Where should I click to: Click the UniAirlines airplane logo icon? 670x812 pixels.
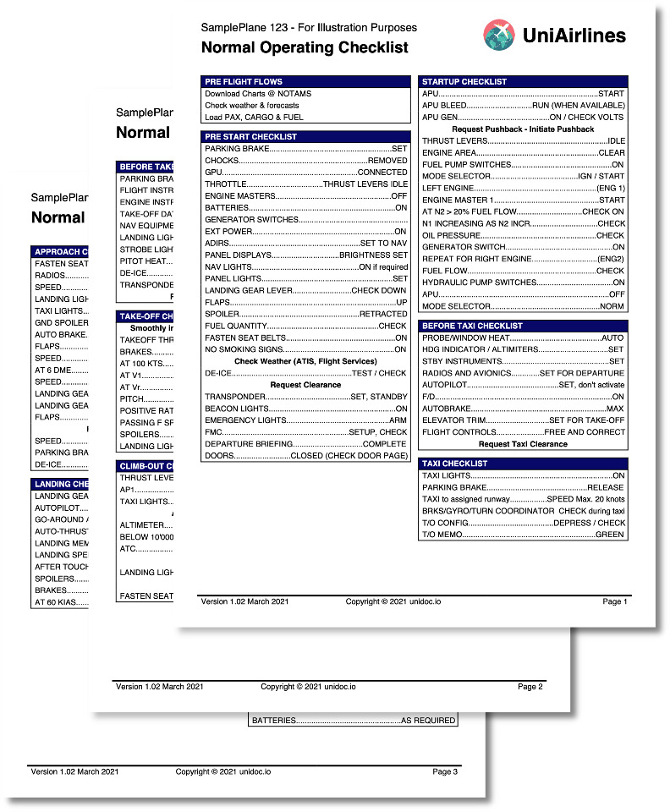coord(499,35)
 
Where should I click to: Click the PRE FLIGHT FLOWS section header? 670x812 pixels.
coord(306,82)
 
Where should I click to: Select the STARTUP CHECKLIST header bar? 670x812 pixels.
coord(523,82)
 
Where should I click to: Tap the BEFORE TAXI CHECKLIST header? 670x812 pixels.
coord(523,326)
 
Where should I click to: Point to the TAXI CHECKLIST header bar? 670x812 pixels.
coord(523,464)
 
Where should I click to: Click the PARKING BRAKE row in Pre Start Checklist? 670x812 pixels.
coord(306,149)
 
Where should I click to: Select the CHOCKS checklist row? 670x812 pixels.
coord(306,161)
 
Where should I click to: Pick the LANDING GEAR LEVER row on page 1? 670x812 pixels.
coord(306,291)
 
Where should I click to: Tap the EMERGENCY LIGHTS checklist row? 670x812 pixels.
coord(306,420)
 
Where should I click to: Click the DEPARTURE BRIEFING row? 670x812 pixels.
coord(306,444)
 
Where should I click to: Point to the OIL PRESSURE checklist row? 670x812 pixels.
coord(523,235)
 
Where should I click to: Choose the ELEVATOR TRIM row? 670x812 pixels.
coord(523,420)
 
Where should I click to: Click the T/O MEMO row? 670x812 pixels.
coord(523,535)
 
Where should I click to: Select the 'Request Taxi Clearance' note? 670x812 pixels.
coord(523,444)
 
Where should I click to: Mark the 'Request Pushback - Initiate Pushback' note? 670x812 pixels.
coord(523,129)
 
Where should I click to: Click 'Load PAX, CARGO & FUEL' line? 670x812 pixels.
coord(254,118)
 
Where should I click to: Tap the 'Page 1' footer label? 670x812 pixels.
coord(615,601)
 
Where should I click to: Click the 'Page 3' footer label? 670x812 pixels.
coord(445,771)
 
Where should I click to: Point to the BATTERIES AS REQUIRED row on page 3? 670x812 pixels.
coord(354,721)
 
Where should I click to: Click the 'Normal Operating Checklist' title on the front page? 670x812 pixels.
coord(305,48)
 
